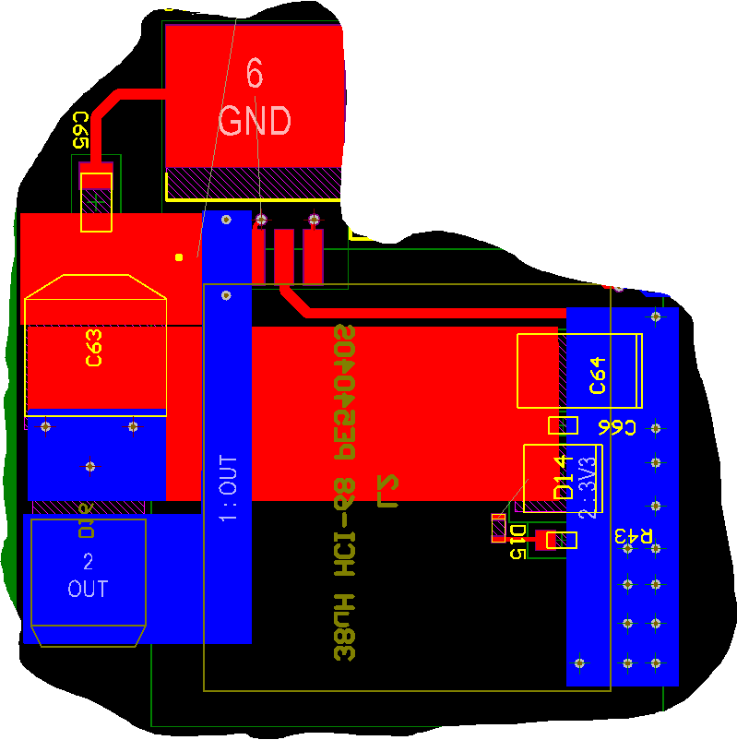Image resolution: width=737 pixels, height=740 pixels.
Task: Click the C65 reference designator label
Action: click(x=80, y=130)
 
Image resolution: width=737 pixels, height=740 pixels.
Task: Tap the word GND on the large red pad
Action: click(x=255, y=121)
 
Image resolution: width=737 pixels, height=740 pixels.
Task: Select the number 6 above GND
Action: click(x=256, y=72)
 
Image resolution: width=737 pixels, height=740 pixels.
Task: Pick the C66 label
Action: click(x=617, y=427)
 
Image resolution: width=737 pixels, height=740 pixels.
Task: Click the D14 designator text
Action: click(x=563, y=478)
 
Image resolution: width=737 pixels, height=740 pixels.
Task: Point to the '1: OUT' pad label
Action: click(x=228, y=486)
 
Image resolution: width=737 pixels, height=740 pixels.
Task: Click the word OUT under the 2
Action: click(x=89, y=588)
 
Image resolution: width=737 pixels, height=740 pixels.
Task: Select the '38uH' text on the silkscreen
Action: click(x=345, y=635)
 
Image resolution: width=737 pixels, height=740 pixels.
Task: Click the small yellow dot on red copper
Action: click(x=179, y=257)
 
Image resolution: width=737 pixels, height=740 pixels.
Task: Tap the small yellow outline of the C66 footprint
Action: click(x=563, y=425)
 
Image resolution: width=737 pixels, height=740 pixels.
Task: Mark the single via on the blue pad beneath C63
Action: click(x=89, y=466)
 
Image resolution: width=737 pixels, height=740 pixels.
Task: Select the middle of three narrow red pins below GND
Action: click(x=284, y=256)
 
